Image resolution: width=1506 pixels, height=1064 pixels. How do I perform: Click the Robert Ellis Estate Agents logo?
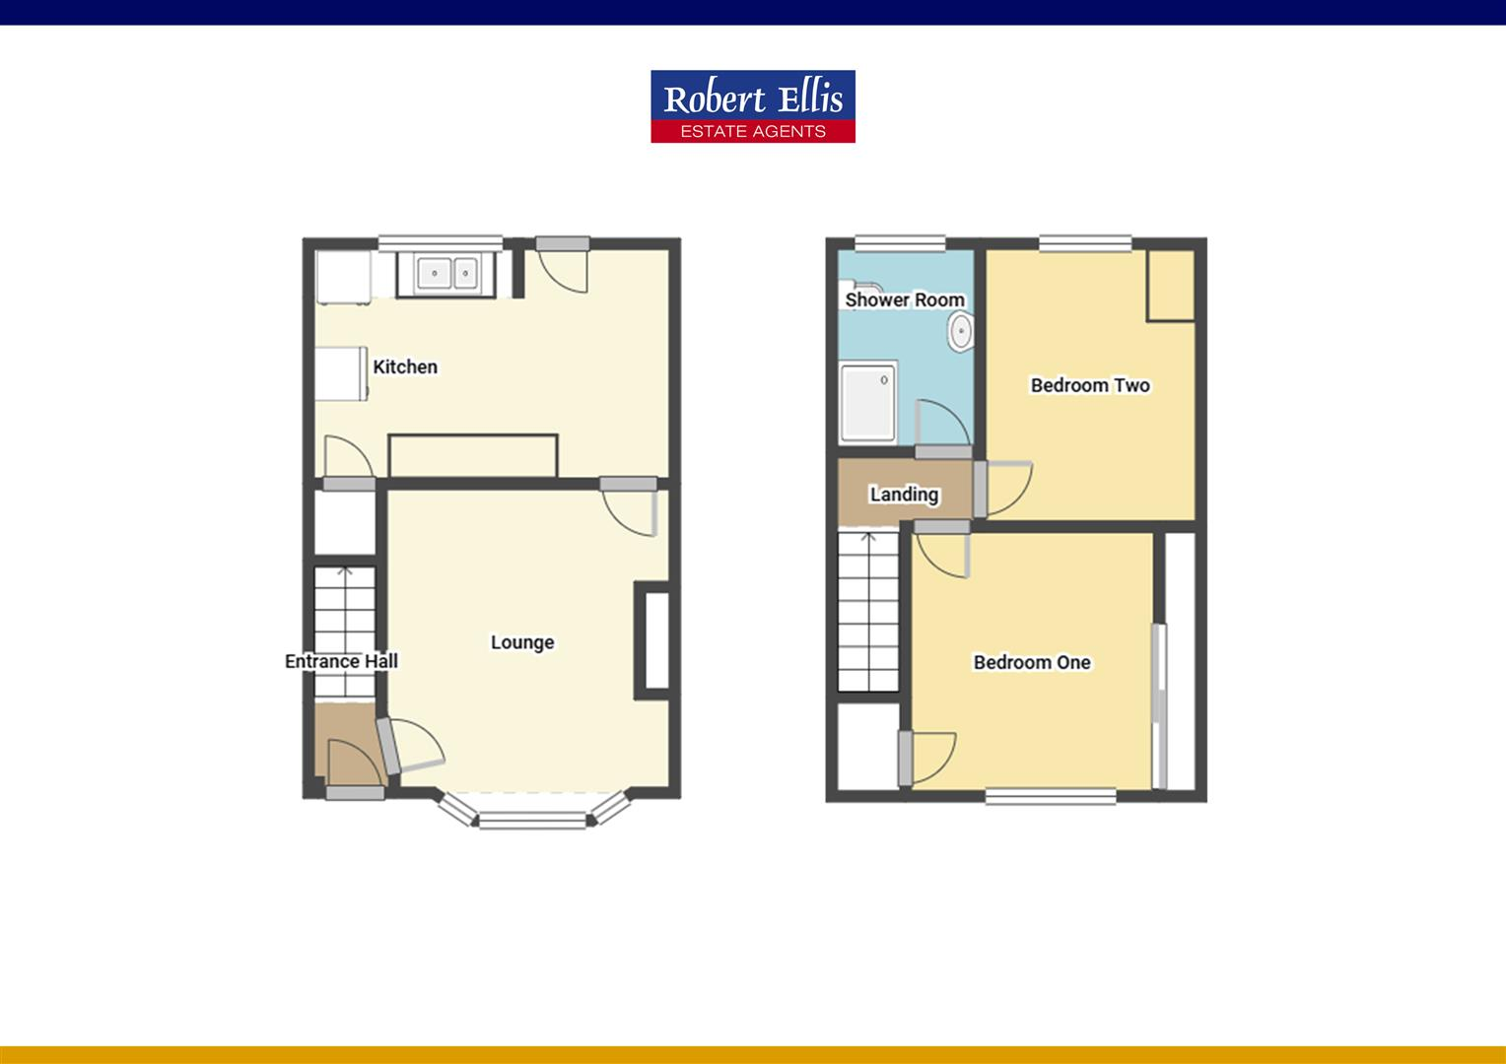click(x=752, y=106)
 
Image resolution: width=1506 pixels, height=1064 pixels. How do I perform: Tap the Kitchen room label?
click(x=405, y=366)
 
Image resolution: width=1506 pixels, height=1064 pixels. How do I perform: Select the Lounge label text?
click(x=522, y=642)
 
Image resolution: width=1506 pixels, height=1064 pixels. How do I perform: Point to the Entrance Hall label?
click(x=341, y=661)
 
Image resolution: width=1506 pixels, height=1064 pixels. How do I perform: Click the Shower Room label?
click(x=904, y=299)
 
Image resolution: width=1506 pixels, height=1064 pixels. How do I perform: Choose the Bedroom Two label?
click(x=1090, y=385)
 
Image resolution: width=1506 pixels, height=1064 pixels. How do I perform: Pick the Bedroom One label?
click(x=1032, y=662)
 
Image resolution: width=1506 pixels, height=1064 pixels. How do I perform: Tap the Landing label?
click(x=904, y=494)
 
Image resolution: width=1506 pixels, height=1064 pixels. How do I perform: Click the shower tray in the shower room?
click(x=867, y=403)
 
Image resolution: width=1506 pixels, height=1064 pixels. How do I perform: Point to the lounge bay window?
click(x=532, y=817)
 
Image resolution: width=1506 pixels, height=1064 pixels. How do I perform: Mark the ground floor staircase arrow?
click(x=345, y=573)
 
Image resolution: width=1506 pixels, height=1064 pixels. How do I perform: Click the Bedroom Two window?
click(x=1085, y=242)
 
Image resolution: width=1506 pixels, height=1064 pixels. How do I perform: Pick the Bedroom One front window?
click(x=1051, y=796)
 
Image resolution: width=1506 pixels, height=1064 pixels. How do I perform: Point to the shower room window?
click(x=899, y=242)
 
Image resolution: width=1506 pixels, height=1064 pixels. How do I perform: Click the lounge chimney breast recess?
click(x=655, y=640)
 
